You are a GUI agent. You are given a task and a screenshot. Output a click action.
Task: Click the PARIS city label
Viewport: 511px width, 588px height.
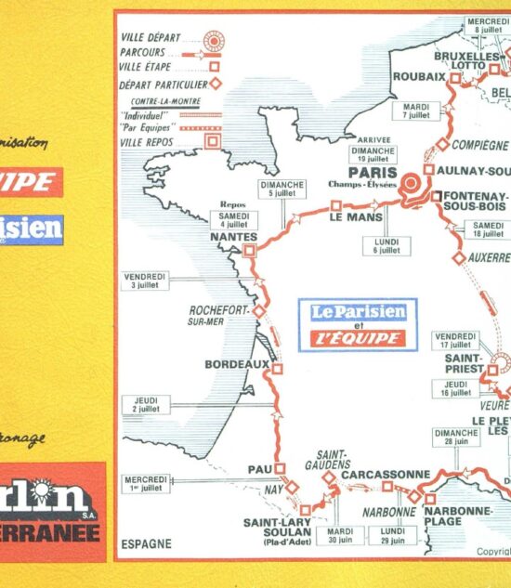coord(372,172)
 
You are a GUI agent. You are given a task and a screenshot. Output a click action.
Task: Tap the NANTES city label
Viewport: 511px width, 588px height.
coord(233,237)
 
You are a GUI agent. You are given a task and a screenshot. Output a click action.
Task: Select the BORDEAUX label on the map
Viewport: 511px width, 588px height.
coord(236,364)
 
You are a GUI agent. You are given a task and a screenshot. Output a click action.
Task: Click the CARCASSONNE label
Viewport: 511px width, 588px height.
coord(386,474)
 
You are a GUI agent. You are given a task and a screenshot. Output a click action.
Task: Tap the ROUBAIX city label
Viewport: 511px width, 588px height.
coord(418,77)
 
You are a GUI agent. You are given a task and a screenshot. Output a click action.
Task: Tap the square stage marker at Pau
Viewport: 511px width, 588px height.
coord(280,468)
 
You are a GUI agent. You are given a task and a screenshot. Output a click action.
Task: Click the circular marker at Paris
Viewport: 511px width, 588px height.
coord(412,179)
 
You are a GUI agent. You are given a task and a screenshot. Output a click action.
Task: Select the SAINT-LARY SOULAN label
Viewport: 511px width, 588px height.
coord(276,527)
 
